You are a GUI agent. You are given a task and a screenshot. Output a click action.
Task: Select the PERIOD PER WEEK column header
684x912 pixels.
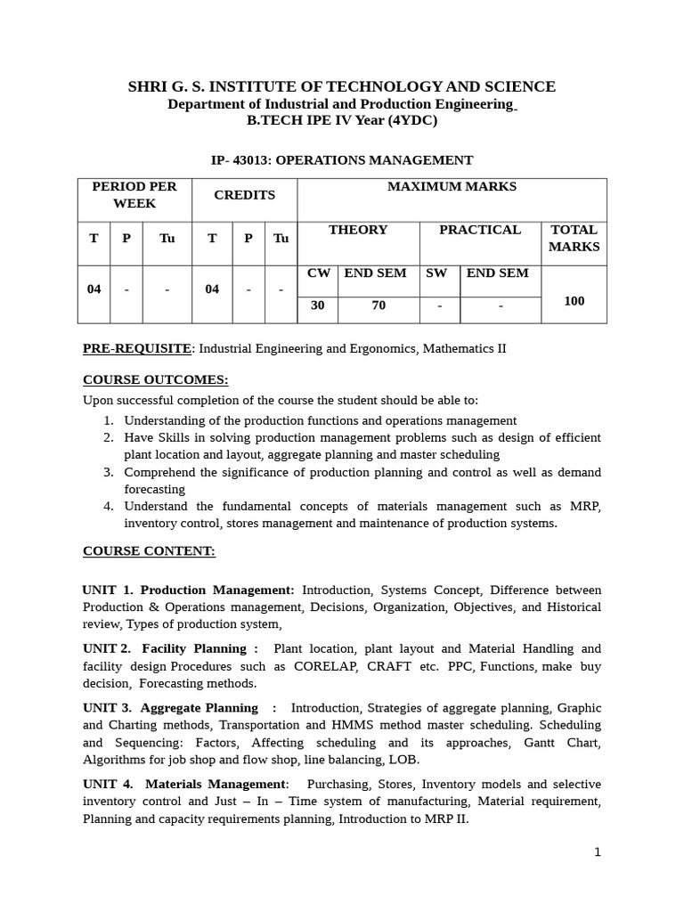[x=134, y=195]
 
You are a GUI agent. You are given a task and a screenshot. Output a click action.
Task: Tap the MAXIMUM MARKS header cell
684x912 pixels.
[x=452, y=187]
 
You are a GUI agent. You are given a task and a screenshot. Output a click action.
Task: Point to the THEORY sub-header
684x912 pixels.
[x=358, y=230]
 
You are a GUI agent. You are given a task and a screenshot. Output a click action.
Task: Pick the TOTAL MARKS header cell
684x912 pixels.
[x=574, y=238]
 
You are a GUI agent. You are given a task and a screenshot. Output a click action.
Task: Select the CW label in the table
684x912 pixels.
[x=318, y=273]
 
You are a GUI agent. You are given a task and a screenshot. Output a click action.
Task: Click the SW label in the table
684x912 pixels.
[x=436, y=273]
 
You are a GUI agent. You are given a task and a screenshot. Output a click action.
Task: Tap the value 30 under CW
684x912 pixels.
[x=317, y=305]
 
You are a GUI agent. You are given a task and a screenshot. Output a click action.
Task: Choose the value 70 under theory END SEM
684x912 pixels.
[x=379, y=305]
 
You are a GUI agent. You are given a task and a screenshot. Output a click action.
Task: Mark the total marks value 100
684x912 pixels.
[x=574, y=301]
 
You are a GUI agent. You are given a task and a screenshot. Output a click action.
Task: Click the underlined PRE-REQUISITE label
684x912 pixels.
[x=137, y=348]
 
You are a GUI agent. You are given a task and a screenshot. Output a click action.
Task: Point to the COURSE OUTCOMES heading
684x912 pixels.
[x=155, y=380]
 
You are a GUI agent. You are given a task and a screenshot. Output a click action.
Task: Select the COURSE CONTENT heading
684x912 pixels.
[x=149, y=551]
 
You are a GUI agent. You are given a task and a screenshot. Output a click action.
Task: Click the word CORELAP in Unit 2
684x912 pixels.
[x=317, y=666]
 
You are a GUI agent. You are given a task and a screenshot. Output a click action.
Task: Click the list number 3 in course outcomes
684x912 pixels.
[x=108, y=472]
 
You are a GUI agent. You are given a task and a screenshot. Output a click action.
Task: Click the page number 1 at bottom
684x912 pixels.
[x=598, y=852]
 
